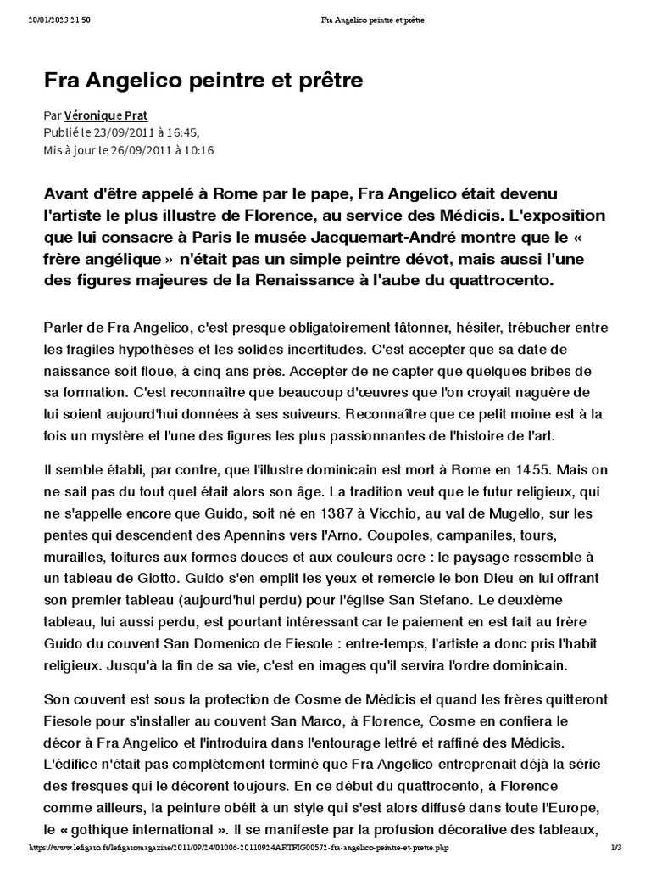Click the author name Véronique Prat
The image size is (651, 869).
pyautogui.click(x=100, y=115)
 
